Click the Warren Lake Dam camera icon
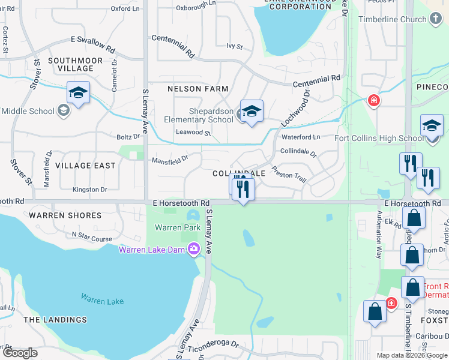pyautogui.click(x=193, y=248)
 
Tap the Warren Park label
pyautogui.click(x=178, y=227)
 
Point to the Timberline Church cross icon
pyautogui.click(x=436, y=19)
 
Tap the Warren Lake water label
pyautogui.click(x=103, y=300)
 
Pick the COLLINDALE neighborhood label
pyautogui.click(x=239, y=173)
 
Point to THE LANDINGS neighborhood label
pyautogui.click(x=55, y=320)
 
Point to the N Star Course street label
pyautogui.click(x=92, y=239)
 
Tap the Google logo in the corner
pyautogui.click(x=20, y=353)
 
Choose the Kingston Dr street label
pyautogui.click(x=89, y=190)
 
